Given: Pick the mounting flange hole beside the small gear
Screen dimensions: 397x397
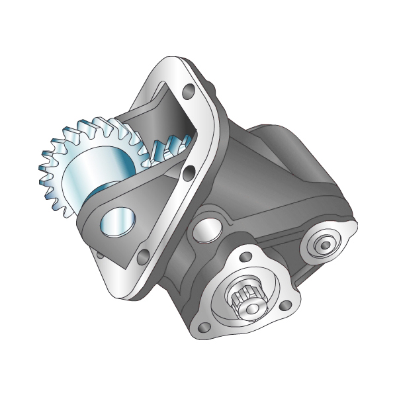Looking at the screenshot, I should tap(190, 173).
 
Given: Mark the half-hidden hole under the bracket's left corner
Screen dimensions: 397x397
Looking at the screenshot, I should tap(100, 254).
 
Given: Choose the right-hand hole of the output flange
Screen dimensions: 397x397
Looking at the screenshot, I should tap(285, 306).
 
